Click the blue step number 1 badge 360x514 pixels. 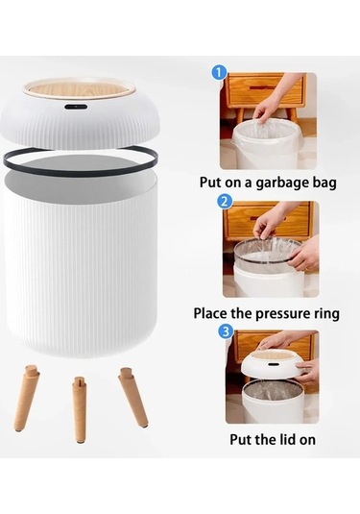click(x=219, y=73)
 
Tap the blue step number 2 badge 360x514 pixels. click(x=224, y=201)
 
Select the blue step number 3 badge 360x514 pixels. click(x=226, y=331)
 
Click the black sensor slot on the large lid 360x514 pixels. click(x=76, y=107)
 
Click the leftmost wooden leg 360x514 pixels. click(x=27, y=398)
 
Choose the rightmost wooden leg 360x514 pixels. click(x=133, y=398)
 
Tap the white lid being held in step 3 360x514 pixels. click(x=272, y=365)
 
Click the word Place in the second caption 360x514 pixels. click(x=210, y=313)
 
